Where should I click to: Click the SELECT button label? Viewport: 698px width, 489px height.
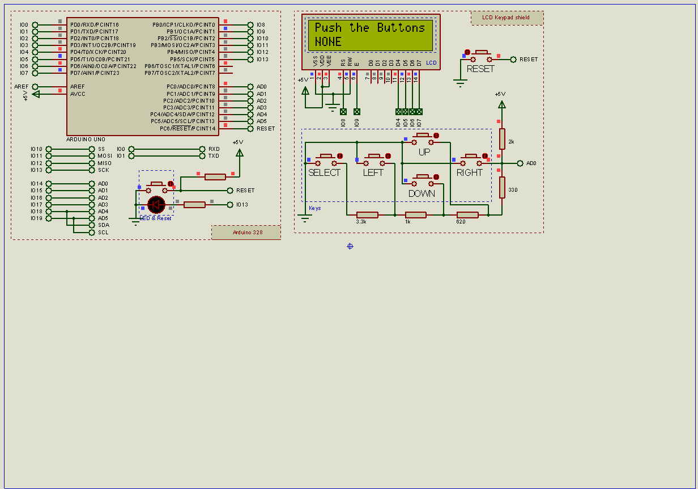(x=324, y=172)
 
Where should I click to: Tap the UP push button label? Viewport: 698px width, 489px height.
(x=424, y=152)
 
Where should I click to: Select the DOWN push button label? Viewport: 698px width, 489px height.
(x=422, y=193)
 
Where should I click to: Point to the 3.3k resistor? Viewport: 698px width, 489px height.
(x=367, y=215)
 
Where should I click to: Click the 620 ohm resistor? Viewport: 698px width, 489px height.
(x=467, y=215)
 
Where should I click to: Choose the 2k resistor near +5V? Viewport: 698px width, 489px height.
(x=502, y=138)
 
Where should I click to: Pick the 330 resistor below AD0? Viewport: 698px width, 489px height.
(x=502, y=187)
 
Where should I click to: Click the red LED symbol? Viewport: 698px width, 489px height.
(x=156, y=204)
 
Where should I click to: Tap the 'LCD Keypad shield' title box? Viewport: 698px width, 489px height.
(x=507, y=18)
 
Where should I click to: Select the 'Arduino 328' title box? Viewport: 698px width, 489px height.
(x=246, y=233)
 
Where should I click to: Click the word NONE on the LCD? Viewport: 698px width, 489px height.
(x=328, y=42)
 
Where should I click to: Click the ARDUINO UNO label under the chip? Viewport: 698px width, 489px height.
(x=86, y=139)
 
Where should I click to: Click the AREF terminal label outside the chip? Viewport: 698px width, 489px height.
(x=22, y=87)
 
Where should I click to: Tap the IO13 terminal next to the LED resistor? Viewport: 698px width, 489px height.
(x=242, y=205)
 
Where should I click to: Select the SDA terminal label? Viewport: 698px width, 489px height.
(x=103, y=225)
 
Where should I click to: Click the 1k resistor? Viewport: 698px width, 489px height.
(x=416, y=215)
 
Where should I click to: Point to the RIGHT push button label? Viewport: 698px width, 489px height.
(x=470, y=172)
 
